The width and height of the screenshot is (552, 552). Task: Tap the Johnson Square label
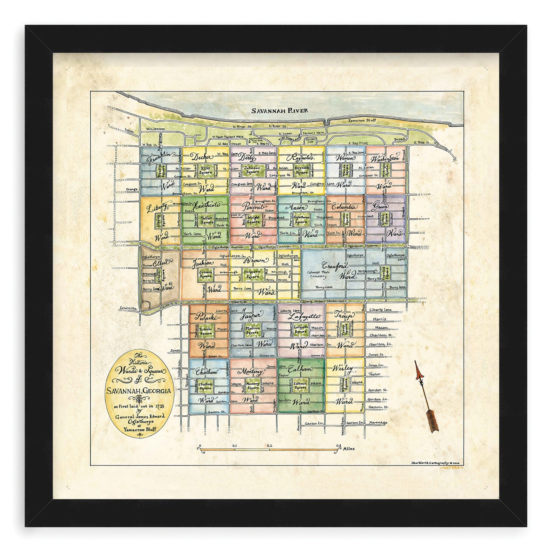coord(252,170)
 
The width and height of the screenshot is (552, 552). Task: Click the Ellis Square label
coord(206,170)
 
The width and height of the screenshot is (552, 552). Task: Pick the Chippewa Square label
coord(252,275)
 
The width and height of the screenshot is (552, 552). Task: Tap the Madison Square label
coord(253,330)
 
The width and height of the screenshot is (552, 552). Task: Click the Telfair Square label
coord(206,220)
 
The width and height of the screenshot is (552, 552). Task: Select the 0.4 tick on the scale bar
coord(339,445)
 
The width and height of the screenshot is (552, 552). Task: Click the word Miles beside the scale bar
coord(349,449)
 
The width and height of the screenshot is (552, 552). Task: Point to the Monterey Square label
coord(253,386)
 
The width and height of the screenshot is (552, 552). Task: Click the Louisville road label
coord(128,308)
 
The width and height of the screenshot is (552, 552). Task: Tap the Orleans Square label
coord(206,275)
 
